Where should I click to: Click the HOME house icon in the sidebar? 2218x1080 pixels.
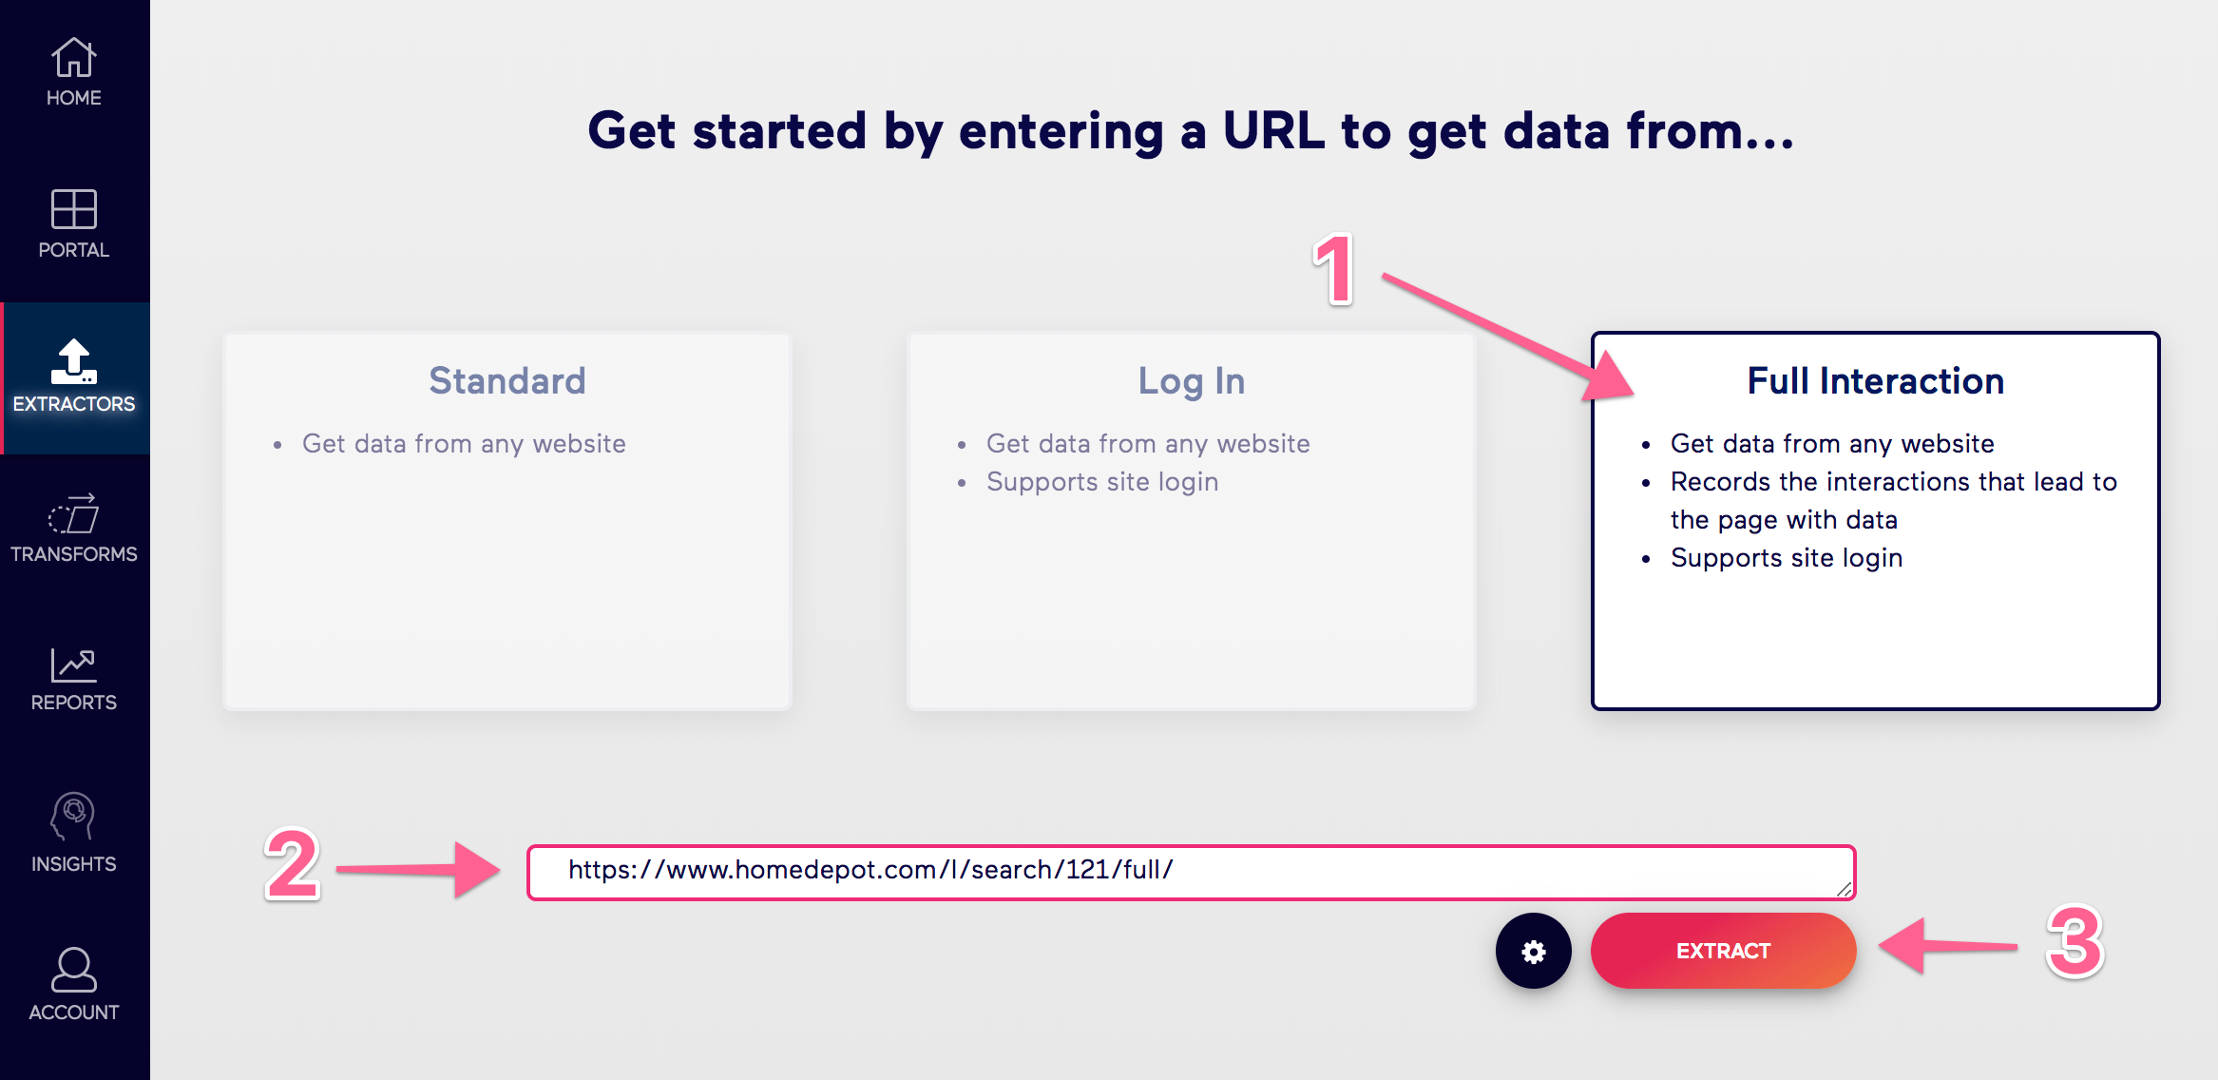pyautogui.click(x=73, y=57)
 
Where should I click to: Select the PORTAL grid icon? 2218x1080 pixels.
pyautogui.click(x=73, y=209)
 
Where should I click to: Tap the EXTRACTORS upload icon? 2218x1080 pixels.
pyautogui.click(x=73, y=362)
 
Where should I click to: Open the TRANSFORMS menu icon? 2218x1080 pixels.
pyautogui.click(x=73, y=513)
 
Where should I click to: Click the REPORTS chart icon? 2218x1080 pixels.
pyautogui.click(x=73, y=665)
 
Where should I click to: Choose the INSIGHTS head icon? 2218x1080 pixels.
pyautogui.click(x=73, y=817)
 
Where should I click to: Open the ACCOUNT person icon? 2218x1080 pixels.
pyautogui.click(x=73, y=970)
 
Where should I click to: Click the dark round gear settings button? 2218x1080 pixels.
pyautogui.click(x=1533, y=951)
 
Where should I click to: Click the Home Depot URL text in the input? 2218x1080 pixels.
pyautogui.click(x=870, y=870)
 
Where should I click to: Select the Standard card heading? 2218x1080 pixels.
pyautogui.click(x=507, y=381)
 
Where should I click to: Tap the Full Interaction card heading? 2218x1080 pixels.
pyautogui.click(x=1876, y=381)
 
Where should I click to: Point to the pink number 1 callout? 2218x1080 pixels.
pyautogui.click(x=1334, y=270)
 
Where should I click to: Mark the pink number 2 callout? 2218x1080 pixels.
pyautogui.click(x=293, y=864)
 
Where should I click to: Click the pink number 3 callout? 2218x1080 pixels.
pyautogui.click(x=2075, y=941)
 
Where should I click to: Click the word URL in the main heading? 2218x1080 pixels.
pyautogui.click(x=1273, y=130)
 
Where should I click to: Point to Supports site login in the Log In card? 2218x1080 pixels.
pyautogui.click(x=1102, y=482)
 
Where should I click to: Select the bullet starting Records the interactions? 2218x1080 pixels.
pyautogui.click(x=1894, y=501)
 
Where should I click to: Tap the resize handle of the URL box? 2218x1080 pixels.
pyautogui.click(x=1844, y=889)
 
